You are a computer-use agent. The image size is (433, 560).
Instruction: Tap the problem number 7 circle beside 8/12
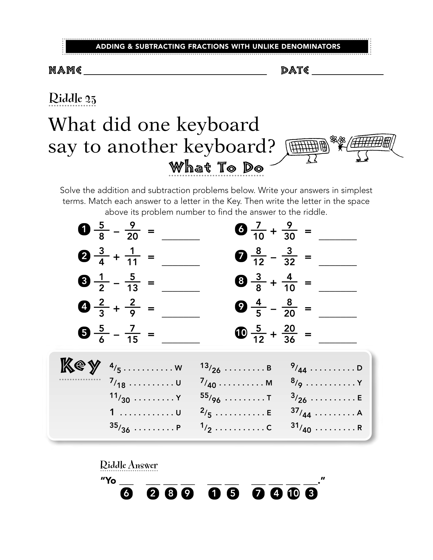tap(241, 256)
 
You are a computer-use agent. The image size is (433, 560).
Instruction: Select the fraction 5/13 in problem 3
tap(132, 282)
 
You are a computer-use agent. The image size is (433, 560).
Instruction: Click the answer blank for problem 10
tap(338, 343)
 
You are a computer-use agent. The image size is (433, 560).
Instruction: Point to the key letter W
tap(178, 368)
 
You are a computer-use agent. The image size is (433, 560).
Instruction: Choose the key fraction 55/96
tap(210, 398)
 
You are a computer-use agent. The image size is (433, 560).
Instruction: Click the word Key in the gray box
tap(80, 366)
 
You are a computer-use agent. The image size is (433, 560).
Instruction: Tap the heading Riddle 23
tap(73, 98)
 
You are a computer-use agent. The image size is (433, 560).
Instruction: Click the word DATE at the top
tap(295, 70)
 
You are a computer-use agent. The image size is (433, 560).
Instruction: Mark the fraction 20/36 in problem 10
tap(289, 334)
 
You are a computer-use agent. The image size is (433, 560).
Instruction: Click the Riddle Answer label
tap(129, 465)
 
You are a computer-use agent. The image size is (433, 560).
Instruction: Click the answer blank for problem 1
tap(181, 240)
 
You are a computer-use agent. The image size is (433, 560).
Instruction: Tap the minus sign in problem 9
tap(273, 309)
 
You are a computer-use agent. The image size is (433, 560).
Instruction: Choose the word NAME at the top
tap(65, 70)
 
